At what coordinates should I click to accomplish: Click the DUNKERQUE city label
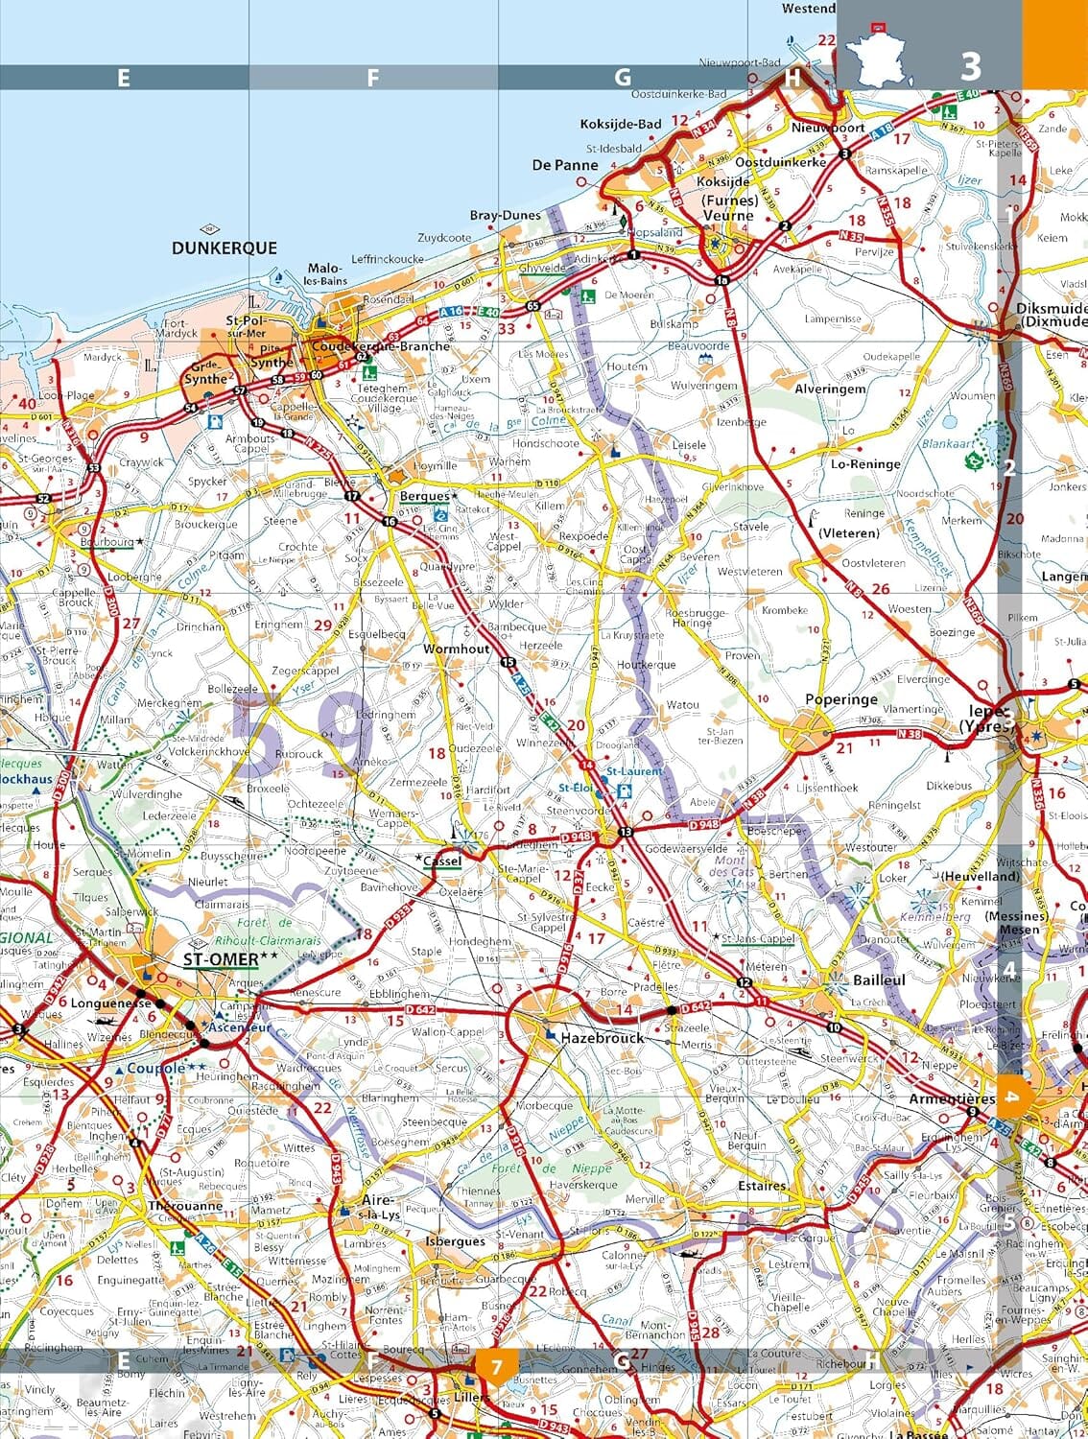click(x=225, y=248)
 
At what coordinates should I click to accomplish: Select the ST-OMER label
click(x=222, y=958)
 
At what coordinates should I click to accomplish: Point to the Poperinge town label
click(x=840, y=699)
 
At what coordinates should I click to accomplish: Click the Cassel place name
click(x=442, y=861)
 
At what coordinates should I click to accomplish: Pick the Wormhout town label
click(x=457, y=649)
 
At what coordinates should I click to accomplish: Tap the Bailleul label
click(x=879, y=980)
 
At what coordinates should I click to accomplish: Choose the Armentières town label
click(x=952, y=1098)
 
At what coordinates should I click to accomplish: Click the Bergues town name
click(x=424, y=496)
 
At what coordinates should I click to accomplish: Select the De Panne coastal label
click(x=565, y=165)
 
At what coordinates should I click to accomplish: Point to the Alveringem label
click(x=830, y=389)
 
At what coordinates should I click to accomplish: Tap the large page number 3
click(x=971, y=65)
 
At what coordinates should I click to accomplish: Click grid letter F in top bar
click(x=372, y=78)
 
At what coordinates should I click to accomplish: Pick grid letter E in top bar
click(x=123, y=78)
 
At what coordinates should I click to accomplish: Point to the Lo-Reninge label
click(x=865, y=463)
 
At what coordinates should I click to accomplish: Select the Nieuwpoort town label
click(x=827, y=127)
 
